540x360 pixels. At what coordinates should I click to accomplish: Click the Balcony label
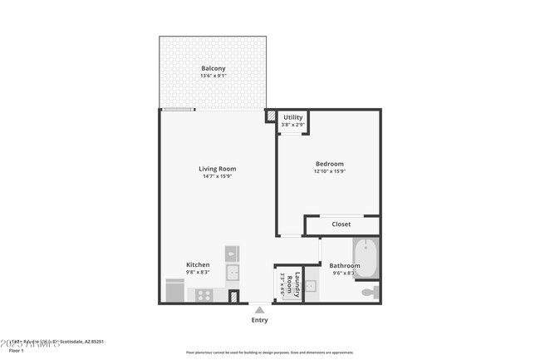[213, 68]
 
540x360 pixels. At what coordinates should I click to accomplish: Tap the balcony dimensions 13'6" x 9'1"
[213, 76]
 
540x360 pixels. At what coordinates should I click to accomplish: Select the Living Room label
[217, 169]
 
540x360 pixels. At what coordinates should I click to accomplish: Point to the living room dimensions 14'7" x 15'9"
[217, 176]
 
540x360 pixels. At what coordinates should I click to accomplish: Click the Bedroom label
[329, 164]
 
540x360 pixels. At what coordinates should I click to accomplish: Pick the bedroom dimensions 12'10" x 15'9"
[329, 172]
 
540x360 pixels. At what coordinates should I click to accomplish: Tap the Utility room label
[292, 117]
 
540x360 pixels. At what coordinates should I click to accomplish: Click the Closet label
[341, 224]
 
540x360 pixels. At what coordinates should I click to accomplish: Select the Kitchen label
[198, 264]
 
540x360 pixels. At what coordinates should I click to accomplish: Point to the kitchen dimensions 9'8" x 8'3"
[198, 272]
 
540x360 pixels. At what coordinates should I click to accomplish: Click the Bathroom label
[344, 265]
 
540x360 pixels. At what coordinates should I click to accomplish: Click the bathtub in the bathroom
[366, 259]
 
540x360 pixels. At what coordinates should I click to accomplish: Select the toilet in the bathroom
[369, 292]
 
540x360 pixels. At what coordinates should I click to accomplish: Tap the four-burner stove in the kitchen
[204, 293]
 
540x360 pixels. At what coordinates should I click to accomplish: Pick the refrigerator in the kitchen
[175, 291]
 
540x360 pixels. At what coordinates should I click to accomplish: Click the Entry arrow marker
[259, 310]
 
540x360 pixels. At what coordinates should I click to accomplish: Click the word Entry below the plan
[259, 320]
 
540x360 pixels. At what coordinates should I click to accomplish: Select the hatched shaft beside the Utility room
[270, 116]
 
